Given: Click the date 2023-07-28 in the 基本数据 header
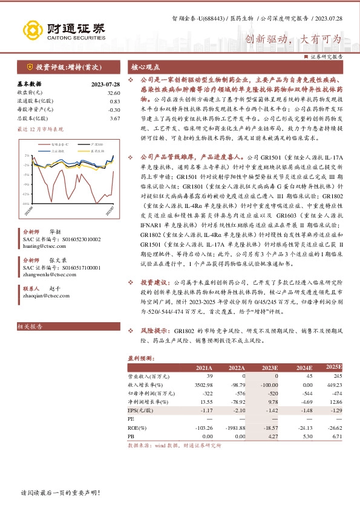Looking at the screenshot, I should point(105,84).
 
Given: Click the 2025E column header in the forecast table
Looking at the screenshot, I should point(334,367).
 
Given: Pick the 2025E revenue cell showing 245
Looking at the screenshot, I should point(337,376).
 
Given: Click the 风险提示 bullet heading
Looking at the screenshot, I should point(155,332).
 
